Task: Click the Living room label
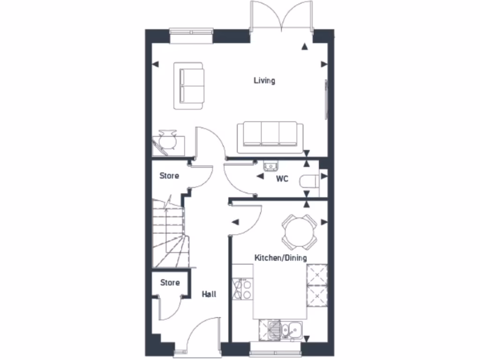click(264, 81)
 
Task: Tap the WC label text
click(282, 179)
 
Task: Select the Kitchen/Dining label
click(280, 258)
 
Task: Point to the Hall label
click(209, 294)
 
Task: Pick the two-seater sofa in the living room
click(190, 86)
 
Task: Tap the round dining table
click(299, 232)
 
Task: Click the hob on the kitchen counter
click(242, 289)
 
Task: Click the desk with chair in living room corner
click(166, 142)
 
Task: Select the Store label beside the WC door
click(169, 176)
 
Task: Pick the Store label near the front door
click(170, 283)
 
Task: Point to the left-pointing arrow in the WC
click(259, 176)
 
